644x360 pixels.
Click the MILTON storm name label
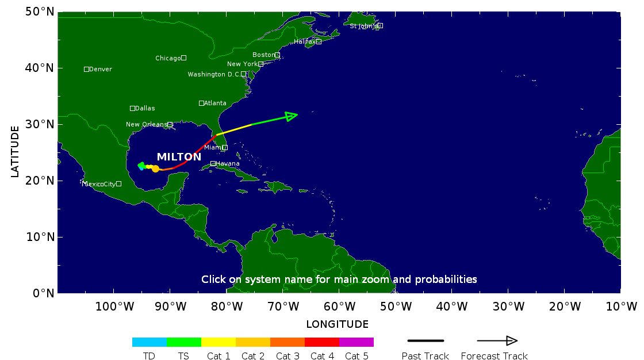179,157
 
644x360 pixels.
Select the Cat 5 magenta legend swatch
356,342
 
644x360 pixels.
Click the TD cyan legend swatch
149,342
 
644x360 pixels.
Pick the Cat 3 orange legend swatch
287,342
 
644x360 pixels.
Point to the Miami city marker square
225,148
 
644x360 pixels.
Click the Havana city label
228,164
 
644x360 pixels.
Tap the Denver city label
101,70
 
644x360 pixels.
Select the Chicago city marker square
183,58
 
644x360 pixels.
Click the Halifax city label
304,41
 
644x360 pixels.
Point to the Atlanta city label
216,104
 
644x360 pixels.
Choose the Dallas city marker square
132,108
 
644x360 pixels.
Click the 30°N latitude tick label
41,124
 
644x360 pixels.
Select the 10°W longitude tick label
621,306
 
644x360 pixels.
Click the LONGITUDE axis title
338,324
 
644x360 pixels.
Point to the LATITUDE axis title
15,152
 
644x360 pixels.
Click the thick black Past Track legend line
425,341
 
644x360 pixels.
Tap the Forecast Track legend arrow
497,341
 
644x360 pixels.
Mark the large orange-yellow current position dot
155,168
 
